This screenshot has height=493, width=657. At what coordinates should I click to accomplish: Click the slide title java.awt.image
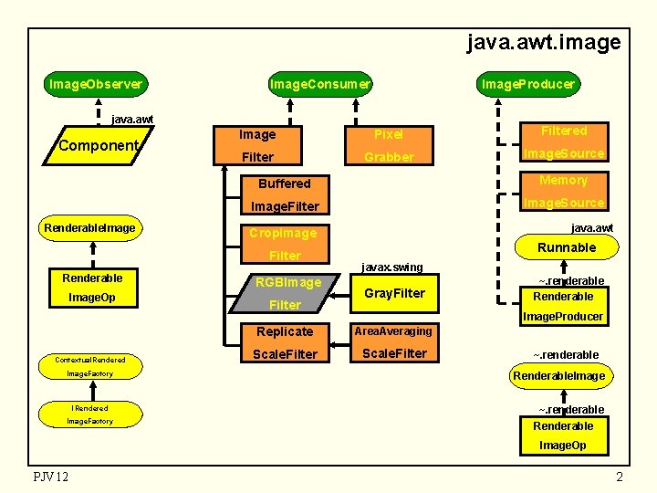click(543, 42)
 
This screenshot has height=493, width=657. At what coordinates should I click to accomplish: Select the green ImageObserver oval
click(96, 84)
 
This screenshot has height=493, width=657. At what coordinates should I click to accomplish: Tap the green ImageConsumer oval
click(319, 84)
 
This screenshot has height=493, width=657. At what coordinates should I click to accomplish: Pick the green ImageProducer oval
click(528, 84)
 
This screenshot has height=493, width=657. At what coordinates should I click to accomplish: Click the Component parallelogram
click(98, 146)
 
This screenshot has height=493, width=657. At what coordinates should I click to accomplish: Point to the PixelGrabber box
click(389, 145)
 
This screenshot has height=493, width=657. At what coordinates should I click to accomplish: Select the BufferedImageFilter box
click(285, 194)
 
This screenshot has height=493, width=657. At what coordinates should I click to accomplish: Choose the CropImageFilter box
click(285, 244)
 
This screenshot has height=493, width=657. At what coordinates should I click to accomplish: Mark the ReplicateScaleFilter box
click(285, 342)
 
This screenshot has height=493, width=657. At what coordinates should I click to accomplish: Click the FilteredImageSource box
click(563, 142)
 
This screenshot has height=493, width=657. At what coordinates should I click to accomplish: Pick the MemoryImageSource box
click(563, 192)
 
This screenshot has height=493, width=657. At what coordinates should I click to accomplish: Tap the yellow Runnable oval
click(566, 247)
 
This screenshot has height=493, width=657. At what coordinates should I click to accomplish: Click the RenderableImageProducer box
click(563, 306)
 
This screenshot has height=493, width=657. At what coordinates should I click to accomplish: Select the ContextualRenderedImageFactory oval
click(89, 366)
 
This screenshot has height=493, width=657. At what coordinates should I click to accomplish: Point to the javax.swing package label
click(392, 267)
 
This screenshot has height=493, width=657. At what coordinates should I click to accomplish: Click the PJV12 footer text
click(50, 477)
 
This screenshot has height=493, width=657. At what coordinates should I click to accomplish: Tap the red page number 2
click(619, 477)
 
